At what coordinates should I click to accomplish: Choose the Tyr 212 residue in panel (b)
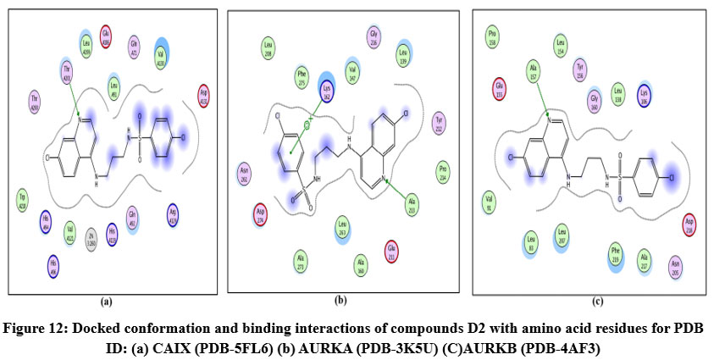pos(439,122)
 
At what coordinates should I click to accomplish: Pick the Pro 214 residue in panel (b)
pos(442,167)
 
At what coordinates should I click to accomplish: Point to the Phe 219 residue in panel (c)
pos(617,252)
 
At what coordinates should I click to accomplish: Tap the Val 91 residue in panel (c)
pos(489,202)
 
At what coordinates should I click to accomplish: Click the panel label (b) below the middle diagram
pos(340,300)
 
